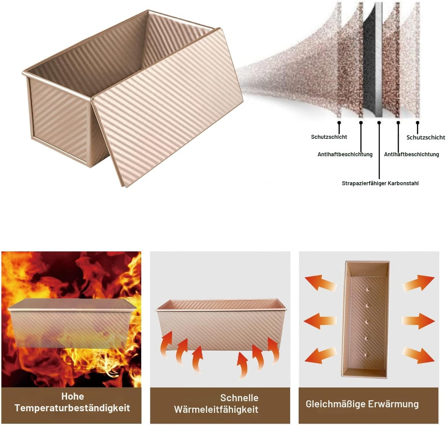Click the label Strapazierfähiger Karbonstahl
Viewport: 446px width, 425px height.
tap(380, 183)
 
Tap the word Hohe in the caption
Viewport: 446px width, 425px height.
tap(73, 396)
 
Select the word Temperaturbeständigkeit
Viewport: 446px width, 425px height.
tap(72, 408)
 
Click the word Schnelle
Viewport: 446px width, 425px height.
tap(239, 398)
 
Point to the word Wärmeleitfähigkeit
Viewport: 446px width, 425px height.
tap(216, 409)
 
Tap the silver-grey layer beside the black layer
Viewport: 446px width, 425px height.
tap(379, 60)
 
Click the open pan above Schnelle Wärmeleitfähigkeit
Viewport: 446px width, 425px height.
tap(221, 324)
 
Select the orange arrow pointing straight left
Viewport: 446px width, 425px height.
tap(320, 321)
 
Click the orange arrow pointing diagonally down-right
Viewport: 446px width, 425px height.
tap(418, 356)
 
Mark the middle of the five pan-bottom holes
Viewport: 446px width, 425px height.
tap(366, 323)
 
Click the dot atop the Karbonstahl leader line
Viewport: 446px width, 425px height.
tap(379, 123)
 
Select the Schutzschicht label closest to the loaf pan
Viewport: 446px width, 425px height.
tap(329, 137)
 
